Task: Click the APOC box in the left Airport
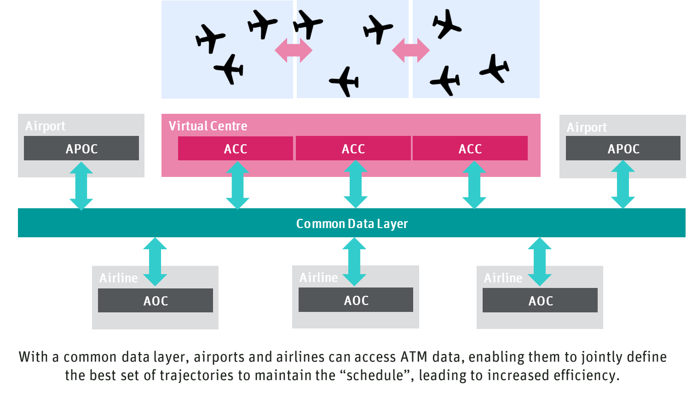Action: [81, 148]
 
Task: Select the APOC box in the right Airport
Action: [623, 148]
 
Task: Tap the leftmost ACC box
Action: [235, 148]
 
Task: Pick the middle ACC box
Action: [353, 148]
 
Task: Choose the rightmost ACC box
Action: [470, 148]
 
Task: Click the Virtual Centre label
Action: [208, 126]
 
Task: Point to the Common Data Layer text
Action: [352, 223]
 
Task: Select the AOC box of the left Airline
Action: [156, 300]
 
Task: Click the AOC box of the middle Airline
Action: [356, 300]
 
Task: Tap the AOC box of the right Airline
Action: [540, 300]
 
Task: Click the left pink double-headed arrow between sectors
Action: [294, 50]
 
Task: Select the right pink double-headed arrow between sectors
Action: [410, 50]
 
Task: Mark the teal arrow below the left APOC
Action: [81, 186]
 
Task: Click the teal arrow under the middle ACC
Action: [355, 185]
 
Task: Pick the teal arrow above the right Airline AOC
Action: [539, 261]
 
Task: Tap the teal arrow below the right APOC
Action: [623, 185]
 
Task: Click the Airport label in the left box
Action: [45, 126]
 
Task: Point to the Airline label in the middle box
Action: [318, 277]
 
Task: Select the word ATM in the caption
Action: [414, 357]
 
